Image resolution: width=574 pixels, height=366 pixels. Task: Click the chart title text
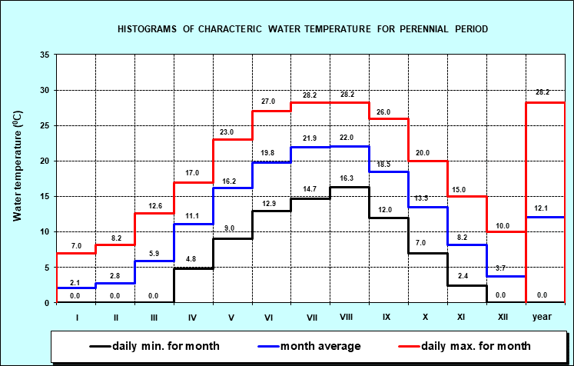coord(302,29)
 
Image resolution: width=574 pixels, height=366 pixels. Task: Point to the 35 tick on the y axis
coord(45,55)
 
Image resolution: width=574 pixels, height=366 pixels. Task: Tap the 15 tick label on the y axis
coord(45,197)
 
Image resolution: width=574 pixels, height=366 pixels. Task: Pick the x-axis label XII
coord(504,316)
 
